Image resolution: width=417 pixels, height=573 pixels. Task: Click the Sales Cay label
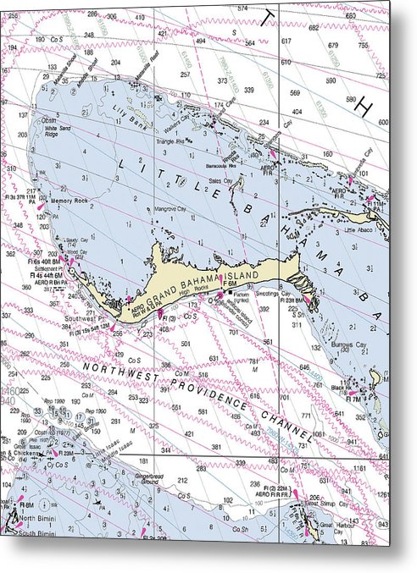click(x=220, y=180)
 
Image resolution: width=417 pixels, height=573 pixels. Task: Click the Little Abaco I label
click(x=361, y=229)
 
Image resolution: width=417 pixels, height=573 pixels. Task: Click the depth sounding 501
click(x=185, y=344)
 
